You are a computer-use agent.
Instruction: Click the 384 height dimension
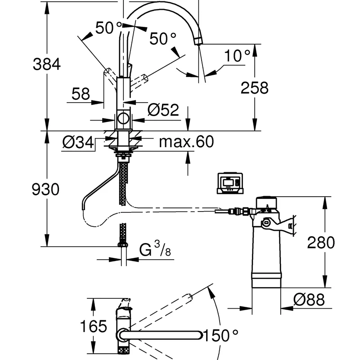tap(46, 65)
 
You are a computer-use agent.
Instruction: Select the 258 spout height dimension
tap(254, 87)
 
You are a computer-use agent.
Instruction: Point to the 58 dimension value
tap(81, 94)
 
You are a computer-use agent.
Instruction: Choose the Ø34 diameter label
tap(78, 143)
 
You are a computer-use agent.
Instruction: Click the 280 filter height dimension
tap(321, 243)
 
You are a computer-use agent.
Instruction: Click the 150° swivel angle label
tap(220, 335)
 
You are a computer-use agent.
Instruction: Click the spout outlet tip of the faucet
tap(198, 42)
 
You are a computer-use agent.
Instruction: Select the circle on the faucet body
tap(123, 120)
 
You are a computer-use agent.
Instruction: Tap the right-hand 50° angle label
tap(162, 40)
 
